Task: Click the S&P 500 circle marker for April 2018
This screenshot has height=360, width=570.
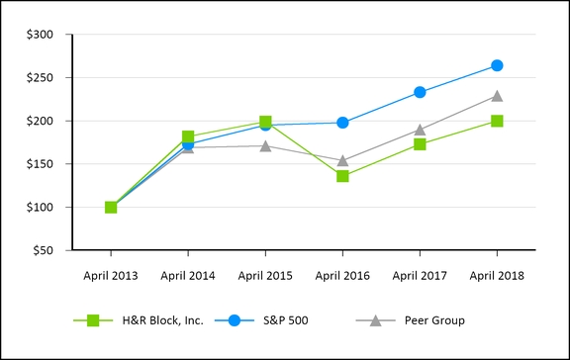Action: coord(497,65)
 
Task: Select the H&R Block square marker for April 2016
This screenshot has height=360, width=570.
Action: coord(342,176)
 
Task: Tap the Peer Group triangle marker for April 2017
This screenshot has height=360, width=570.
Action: coord(420,130)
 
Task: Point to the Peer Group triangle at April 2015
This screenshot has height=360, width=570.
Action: coord(265,145)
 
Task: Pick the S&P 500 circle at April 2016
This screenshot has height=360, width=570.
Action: coord(342,123)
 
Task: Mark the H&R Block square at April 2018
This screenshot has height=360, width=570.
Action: coord(497,121)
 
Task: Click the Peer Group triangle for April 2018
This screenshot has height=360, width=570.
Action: coord(497,96)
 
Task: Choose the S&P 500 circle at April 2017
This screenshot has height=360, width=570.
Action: coord(420,92)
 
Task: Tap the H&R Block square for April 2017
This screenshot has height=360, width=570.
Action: coord(420,144)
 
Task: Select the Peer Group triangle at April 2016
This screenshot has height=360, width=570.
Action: coord(342,160)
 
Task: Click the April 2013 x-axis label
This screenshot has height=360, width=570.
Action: coord(111,275)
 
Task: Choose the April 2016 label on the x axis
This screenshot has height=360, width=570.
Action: coord(342,275)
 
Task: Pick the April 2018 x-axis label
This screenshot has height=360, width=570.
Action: coord(497,275)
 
